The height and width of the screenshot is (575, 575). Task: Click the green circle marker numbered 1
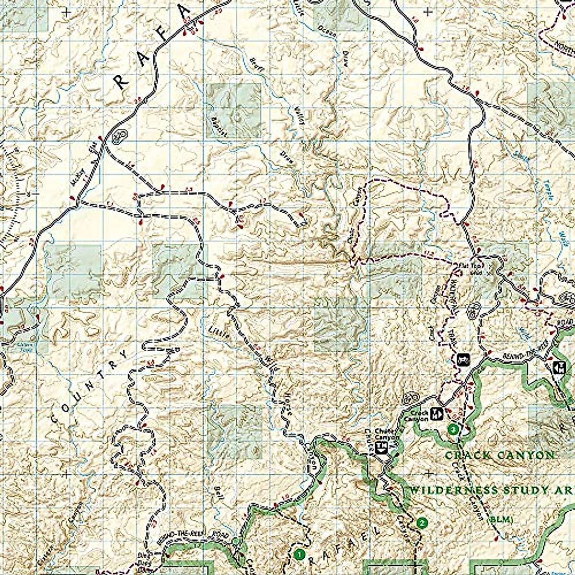299,555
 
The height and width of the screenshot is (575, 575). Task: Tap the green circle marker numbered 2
422,522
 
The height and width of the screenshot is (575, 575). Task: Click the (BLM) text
501,519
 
